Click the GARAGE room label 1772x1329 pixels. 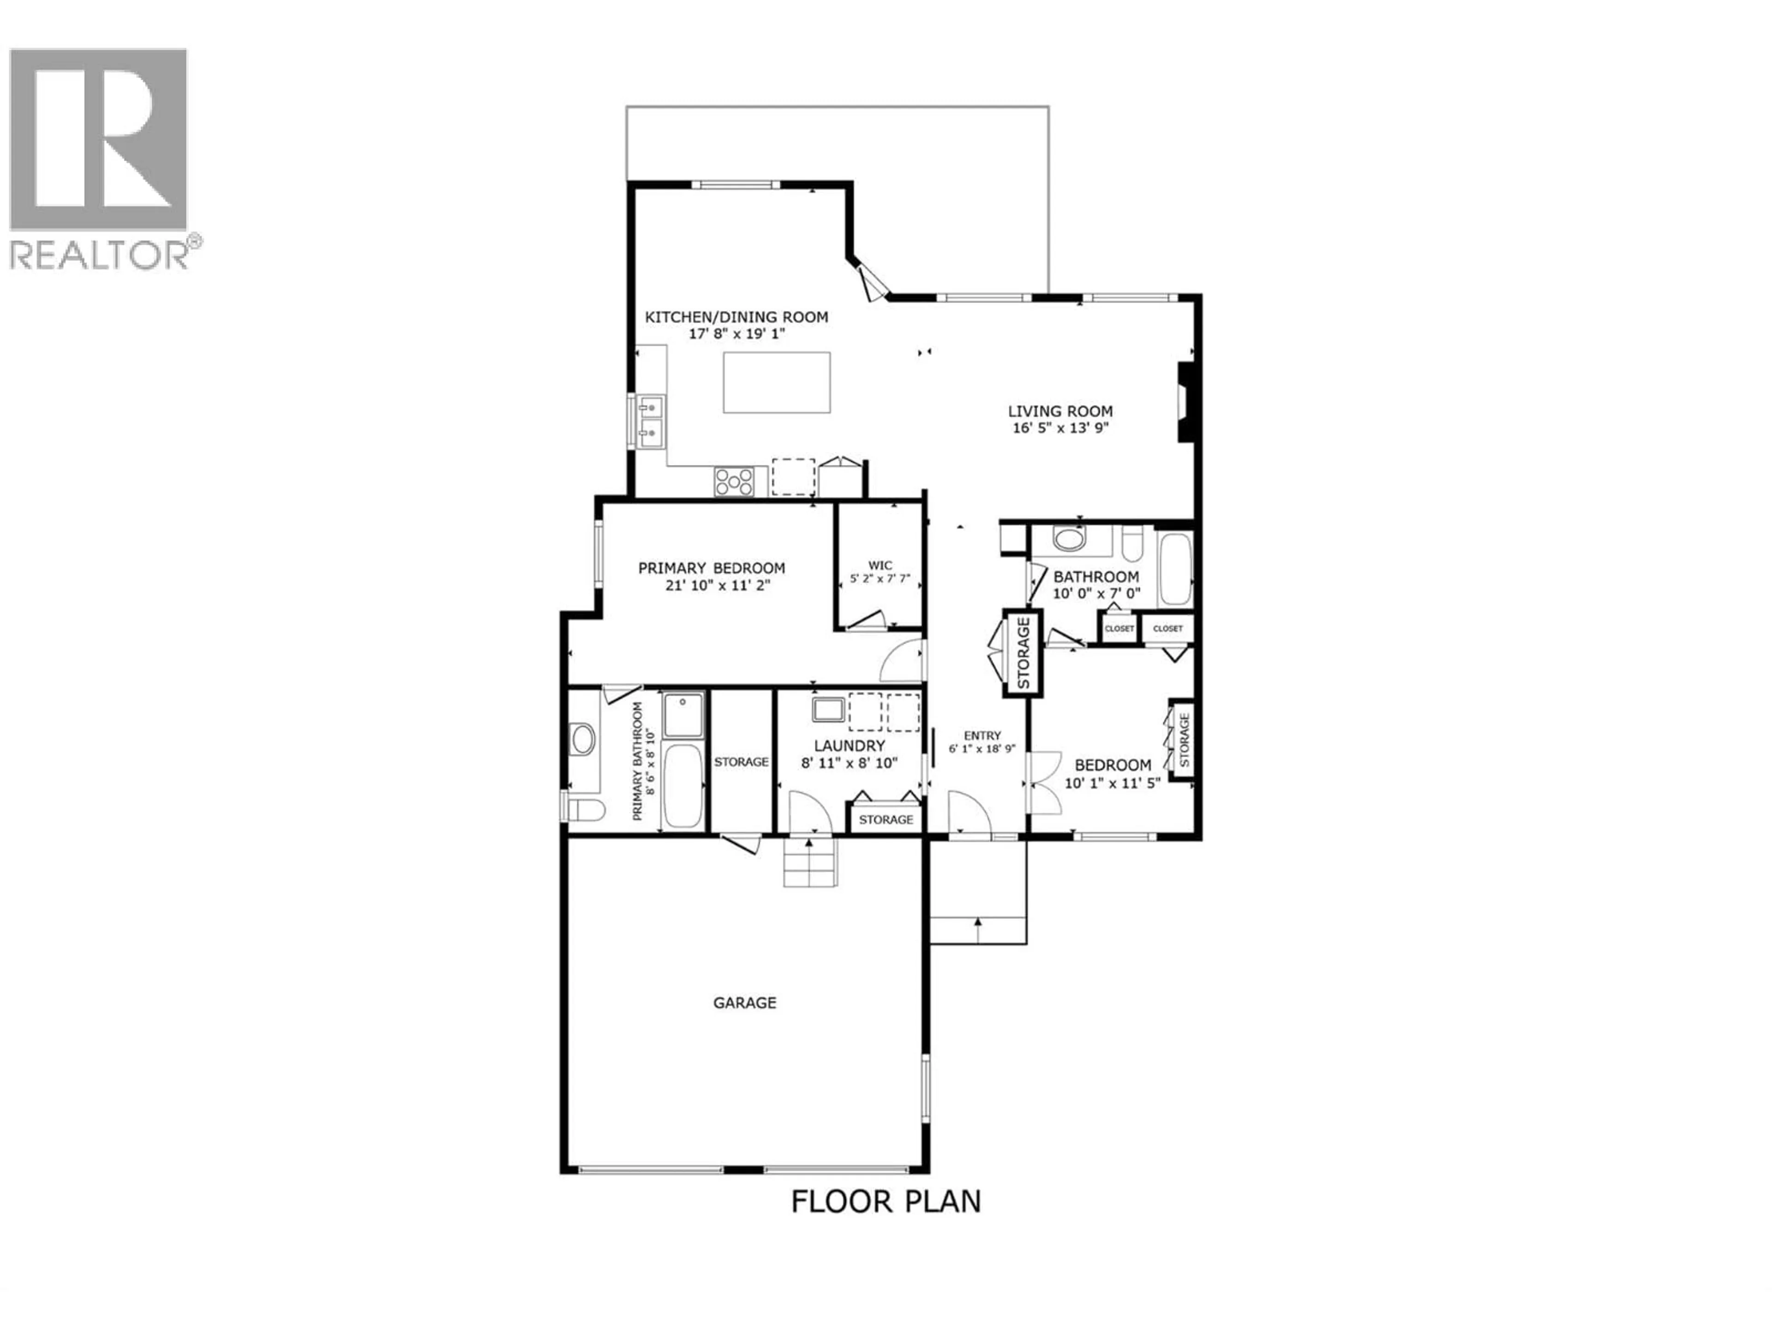(744, 1003)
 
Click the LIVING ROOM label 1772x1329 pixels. (1060, 411)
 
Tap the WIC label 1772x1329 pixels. (880, 565)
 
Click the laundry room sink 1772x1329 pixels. (827, 710)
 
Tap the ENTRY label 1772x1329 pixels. (982, 736)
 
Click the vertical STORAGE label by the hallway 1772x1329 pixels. (1023, 653)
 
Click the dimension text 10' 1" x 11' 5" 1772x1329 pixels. (1112, 783)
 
